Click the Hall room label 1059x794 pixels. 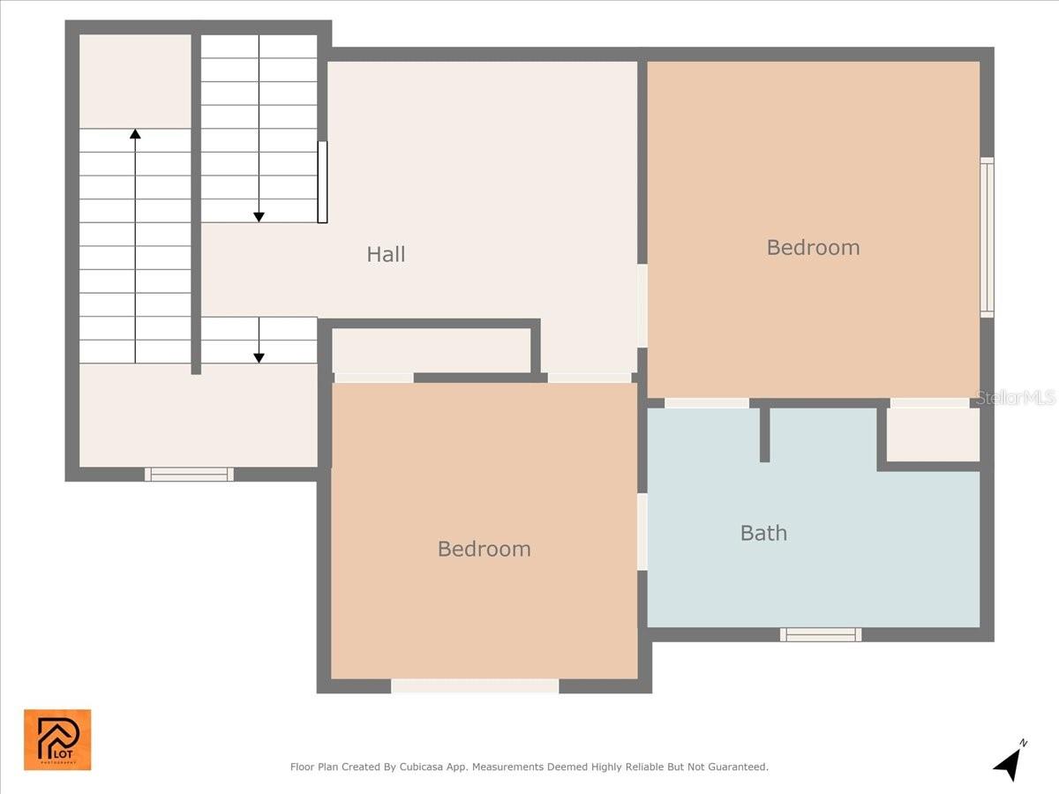click(x=386, y=254)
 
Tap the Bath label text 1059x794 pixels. click(x=763, y=533)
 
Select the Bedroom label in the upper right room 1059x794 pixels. click(x=813, y=247)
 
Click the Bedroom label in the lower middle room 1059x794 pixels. click(x=484, y=549)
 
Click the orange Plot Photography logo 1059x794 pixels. click(x=57, y=739)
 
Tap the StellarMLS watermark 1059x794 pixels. click(x=1015, y=398)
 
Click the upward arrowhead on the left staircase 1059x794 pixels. click(x=135, y=134)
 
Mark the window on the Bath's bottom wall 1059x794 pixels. click(x=821, y=634)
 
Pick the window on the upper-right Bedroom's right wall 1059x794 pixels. click(x=987, y=237)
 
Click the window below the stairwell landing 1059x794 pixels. click(x=189, y=475)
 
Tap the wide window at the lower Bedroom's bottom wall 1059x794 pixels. click(x=475, y=685)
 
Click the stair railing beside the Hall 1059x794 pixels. click(x=323, y=182)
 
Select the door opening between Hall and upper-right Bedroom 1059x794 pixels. click(x=642, y=305)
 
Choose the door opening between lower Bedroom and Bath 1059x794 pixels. click(x=642, y=531)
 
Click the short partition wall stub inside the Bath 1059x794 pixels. click(x=764, y=434)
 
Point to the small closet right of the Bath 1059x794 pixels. click(x=933, y=434)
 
